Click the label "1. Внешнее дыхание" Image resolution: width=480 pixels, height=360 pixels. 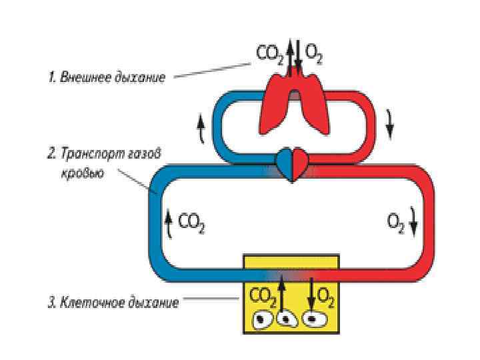coord(105,77)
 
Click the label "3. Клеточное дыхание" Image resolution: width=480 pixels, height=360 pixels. coord(113,303)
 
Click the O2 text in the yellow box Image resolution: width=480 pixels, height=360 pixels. coord(326,294)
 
